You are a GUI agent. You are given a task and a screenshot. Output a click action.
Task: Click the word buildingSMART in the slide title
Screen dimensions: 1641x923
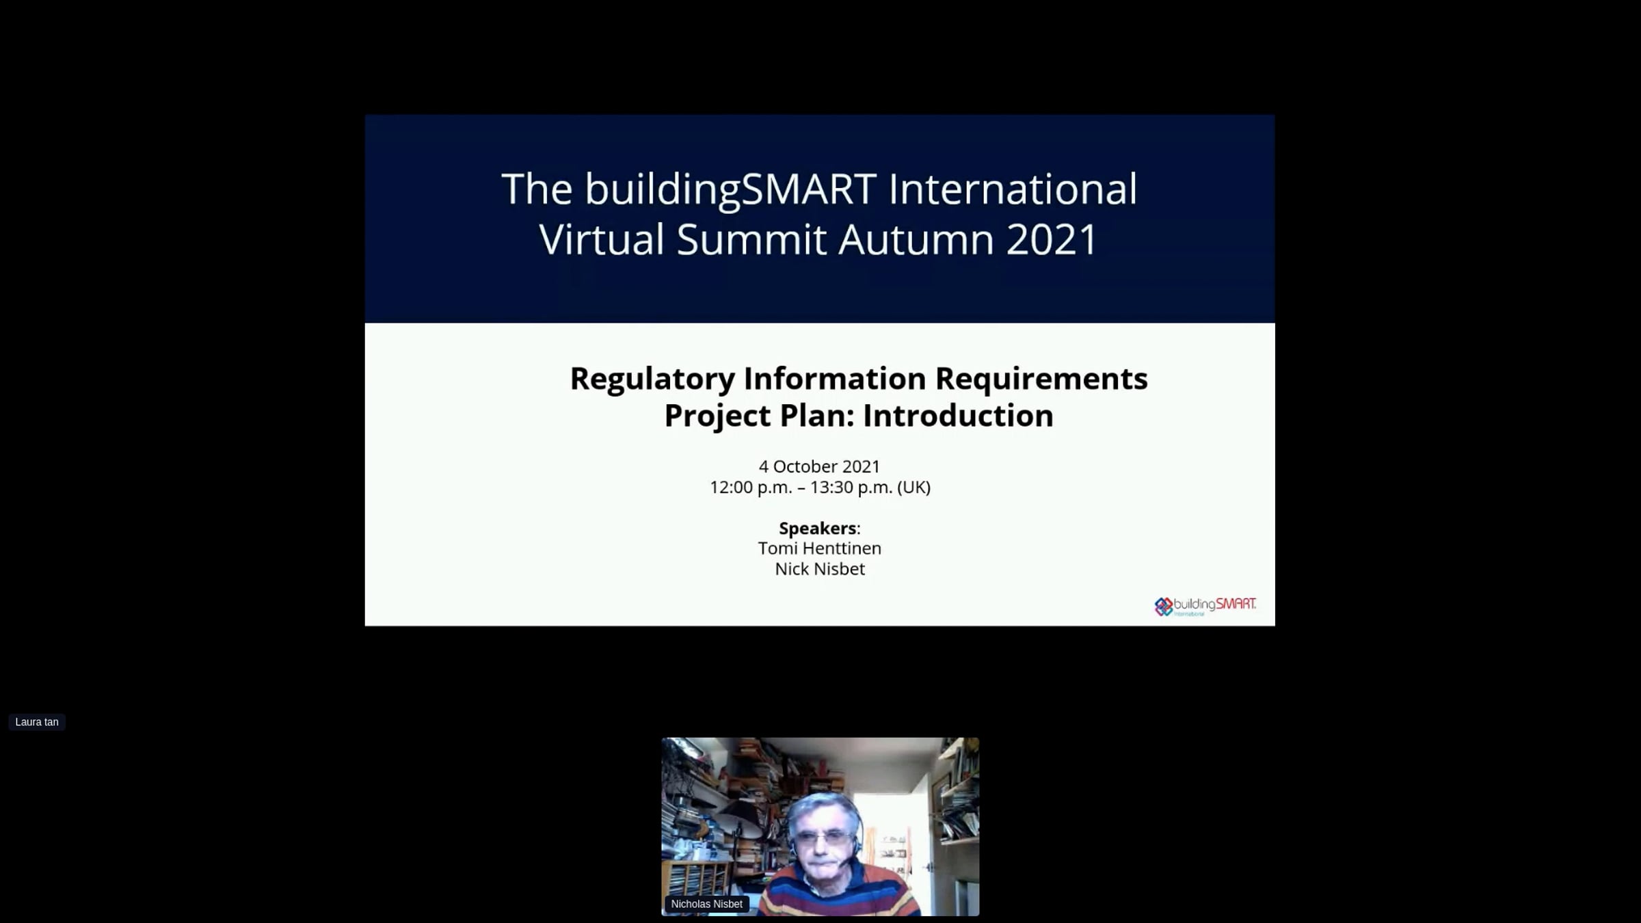click(730, 189)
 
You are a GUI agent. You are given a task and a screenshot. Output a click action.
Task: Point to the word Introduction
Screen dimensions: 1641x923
click(958, 416)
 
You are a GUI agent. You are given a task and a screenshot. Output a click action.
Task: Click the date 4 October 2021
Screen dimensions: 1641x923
click(819, 466)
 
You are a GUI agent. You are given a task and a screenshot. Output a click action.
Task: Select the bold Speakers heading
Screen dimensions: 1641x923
click(818, 529)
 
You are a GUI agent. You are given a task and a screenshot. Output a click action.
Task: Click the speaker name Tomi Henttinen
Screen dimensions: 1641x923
click(820, 548)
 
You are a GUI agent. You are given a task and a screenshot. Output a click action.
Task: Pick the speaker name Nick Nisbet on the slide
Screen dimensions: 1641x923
click(820, 569)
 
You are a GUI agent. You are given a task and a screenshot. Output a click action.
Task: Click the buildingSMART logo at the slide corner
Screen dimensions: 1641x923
click(1205, 606)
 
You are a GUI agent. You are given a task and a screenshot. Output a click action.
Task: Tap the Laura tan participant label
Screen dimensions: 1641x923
click(37, 722)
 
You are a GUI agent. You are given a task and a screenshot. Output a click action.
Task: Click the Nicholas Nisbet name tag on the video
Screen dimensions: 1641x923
click(706, 904)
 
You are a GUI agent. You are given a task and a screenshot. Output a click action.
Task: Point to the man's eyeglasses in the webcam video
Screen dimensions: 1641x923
click(825, 838)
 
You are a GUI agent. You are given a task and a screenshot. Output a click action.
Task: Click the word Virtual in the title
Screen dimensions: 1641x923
click(602, 239)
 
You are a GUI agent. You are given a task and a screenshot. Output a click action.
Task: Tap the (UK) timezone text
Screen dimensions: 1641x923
click(914, 487)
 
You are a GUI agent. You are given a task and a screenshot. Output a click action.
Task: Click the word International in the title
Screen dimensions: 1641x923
click(1013, 189)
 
